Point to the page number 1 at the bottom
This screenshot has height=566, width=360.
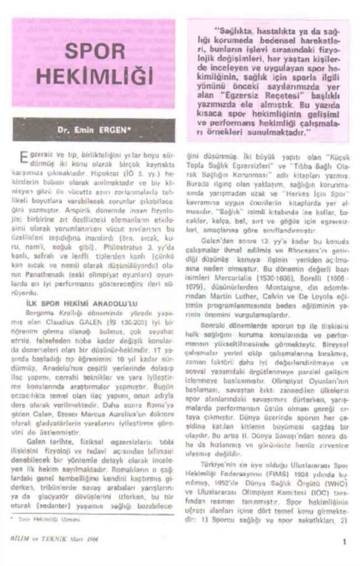click(344, 542)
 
